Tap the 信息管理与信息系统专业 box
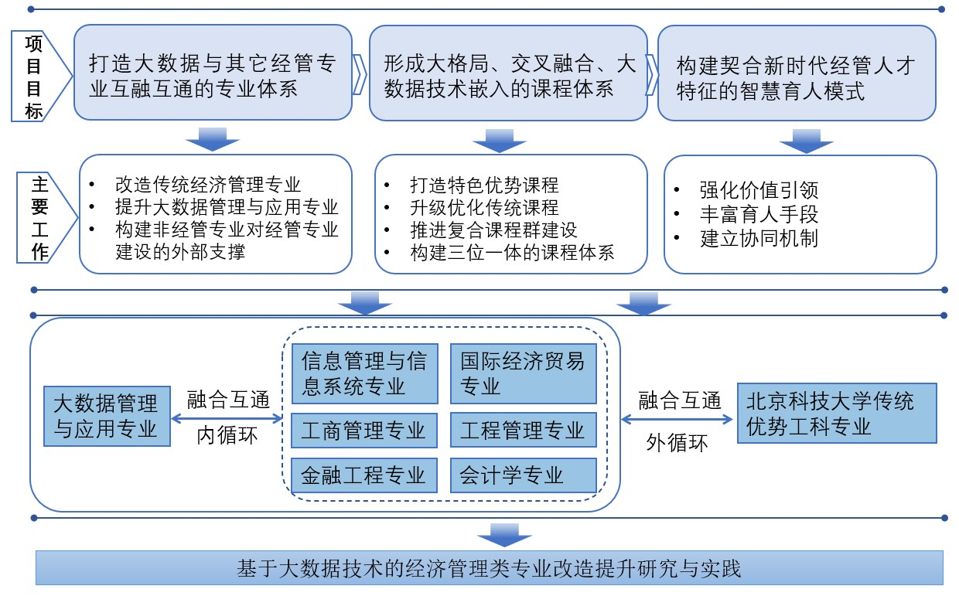click(x=364, y=373)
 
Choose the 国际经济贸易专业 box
click(x=524, y=373)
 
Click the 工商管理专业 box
click(x=364, y=430)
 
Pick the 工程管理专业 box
click(x=524, y=430)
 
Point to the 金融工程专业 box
click(x=364, y=475)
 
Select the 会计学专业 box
click(x=524, y=475)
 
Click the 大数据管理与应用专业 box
click(x=107, y=415)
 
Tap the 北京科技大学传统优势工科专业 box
click(x=837, y=414)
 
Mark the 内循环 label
click(x=227, y=436)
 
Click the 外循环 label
click(x=677, y=444)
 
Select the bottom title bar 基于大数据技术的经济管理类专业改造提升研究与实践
click(x=490, y=570)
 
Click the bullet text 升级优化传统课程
click(x=483, y=208)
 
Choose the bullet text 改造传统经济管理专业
click(x=208, y=185)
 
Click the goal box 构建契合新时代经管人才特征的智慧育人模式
click(x=796, y=77)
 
